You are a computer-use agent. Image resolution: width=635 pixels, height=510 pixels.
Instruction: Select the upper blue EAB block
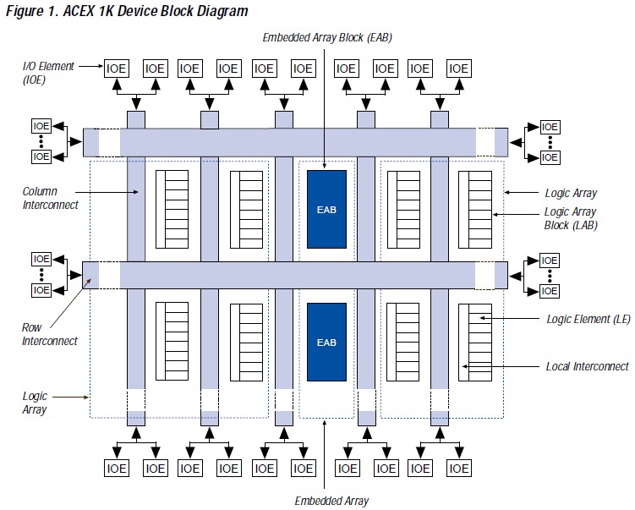[326, 209]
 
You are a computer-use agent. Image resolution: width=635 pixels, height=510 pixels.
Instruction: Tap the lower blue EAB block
[326, 342]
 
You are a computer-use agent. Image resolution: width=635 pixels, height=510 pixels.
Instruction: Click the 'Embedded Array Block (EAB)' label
[326, 37]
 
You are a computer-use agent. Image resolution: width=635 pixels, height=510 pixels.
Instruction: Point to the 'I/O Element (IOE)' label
[48, 73]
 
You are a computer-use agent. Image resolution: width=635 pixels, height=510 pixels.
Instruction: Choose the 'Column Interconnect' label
[51, 199]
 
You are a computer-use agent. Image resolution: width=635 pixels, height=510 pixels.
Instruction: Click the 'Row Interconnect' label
[50, 334]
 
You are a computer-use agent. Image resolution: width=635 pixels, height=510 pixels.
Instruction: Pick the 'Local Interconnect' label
[588, 366]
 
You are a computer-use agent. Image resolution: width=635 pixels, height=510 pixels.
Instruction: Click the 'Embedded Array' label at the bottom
[331, 501]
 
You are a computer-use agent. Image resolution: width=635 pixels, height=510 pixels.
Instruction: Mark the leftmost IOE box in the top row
[116, 69]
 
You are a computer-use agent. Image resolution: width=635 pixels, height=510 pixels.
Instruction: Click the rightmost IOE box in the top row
[458, 69]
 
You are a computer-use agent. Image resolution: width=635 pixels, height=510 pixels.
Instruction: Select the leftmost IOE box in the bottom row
[116, 468]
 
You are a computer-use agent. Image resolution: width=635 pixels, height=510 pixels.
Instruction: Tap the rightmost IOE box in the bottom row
[458, 468]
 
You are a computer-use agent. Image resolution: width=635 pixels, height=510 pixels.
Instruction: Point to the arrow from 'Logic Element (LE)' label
[516, 319]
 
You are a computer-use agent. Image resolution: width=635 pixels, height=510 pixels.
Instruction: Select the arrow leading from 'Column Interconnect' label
[110, 193]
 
